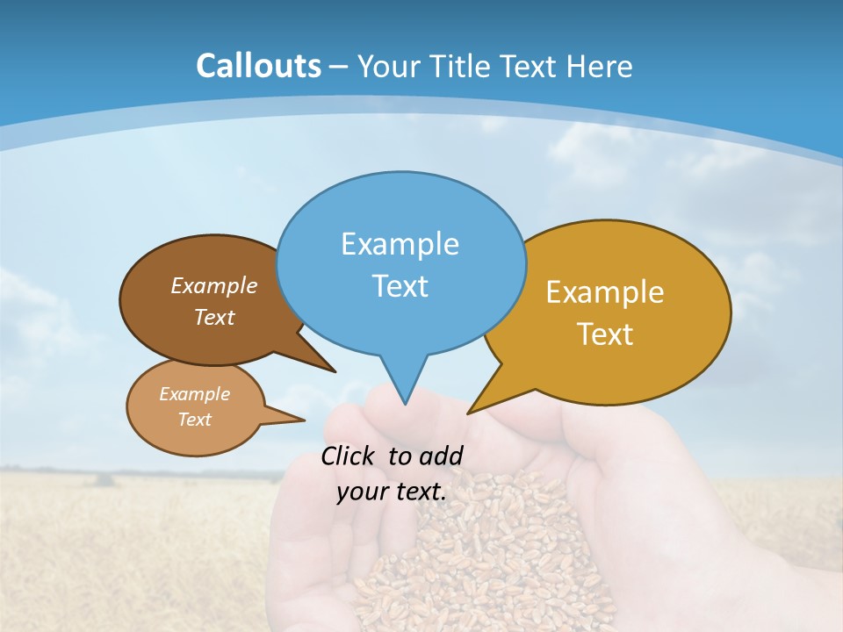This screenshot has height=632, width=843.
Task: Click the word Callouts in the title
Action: coord(258,66)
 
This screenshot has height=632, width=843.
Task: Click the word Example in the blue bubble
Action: coord(400,244)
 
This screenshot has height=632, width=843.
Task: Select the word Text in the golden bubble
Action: coord(605,334)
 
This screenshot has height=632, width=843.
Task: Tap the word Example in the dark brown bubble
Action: coord(213,285)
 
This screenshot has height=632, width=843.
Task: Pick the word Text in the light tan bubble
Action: coord(194,420)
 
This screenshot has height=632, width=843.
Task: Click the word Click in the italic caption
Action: coord(348,456)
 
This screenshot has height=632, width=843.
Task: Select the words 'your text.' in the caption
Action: coord(392,492)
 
